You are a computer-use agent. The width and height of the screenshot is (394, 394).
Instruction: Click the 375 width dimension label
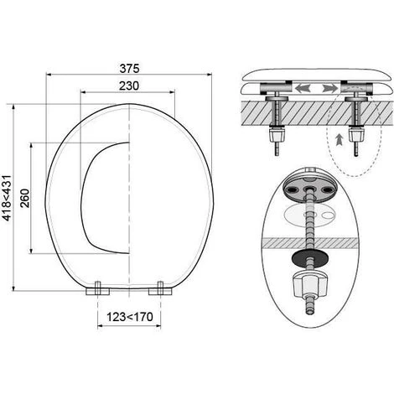(129, 69)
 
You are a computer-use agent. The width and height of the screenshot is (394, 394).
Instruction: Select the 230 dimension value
(128, 86)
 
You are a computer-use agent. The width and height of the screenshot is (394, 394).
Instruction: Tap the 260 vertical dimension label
(25, 198)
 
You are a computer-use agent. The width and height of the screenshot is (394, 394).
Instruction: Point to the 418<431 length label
(7, 198)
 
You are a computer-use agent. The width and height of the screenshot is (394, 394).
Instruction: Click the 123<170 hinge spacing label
(130, 317)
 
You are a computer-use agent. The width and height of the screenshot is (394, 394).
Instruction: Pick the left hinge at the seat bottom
(97, 289)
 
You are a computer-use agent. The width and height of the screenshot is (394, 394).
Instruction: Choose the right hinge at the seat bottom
(160, 289)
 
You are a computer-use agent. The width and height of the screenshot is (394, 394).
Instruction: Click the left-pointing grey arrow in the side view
(303, 88)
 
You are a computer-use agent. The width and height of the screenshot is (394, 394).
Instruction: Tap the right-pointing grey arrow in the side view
(329, 88)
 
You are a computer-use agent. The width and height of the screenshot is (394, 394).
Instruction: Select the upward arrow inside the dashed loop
(340, 140)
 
